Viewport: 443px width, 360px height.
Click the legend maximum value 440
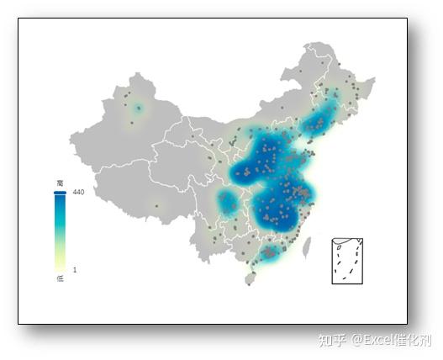point(79,193)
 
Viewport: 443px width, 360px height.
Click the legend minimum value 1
point(75,270)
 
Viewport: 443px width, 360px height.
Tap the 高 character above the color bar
point(60,183)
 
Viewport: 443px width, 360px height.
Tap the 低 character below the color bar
point(60,278)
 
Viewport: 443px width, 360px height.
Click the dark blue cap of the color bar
point(60,193)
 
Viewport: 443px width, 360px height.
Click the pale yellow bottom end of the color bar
point(60,267)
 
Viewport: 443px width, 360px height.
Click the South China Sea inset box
point(347,261)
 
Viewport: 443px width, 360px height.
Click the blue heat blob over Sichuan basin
point(228,202)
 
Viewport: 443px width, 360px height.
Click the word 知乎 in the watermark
point(331,341)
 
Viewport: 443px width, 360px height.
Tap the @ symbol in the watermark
point(357,341)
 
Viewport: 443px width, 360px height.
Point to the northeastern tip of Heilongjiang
point(372,79)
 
